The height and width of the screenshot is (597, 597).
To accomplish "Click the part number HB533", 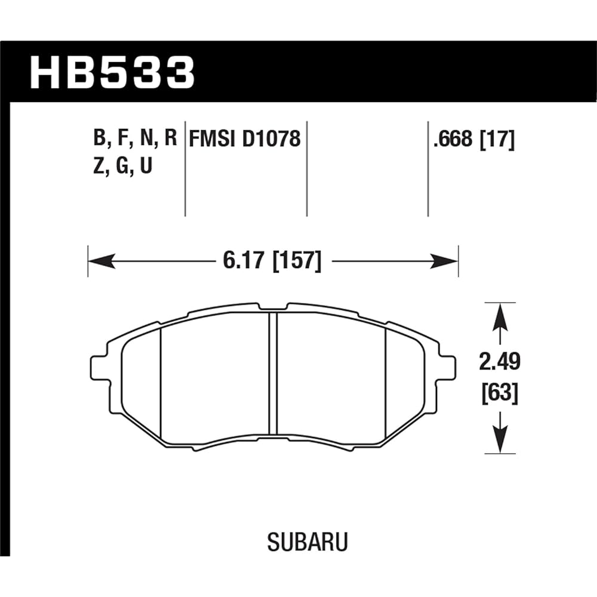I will click(x=112, y=72).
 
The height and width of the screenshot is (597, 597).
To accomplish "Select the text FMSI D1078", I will click(x=244, y=140).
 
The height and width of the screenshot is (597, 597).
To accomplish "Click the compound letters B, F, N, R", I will click(x=135, y=140).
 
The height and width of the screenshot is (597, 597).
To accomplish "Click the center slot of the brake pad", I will click(x=273, y=373).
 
